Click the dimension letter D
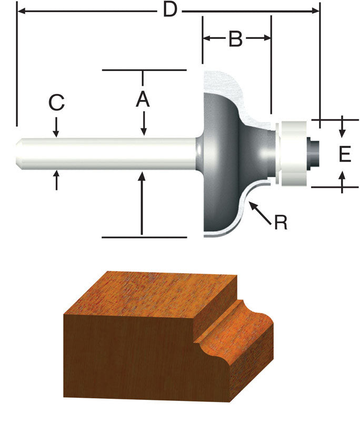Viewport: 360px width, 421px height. [x=169, y=9]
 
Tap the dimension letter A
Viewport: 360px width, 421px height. [x=143, y=99]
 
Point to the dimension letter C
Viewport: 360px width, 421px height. [x=56, y=103]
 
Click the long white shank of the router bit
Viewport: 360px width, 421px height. [x=105, y=153]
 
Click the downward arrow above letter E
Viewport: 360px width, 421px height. [x=343, y=127]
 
